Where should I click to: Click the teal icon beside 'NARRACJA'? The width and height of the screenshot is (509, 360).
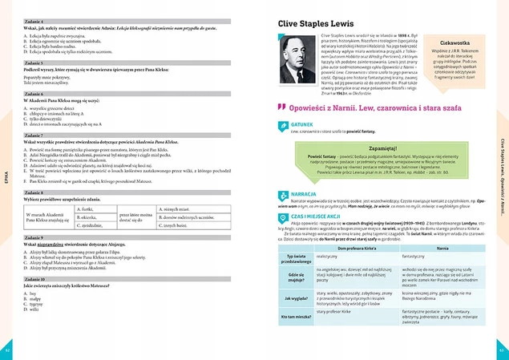282,193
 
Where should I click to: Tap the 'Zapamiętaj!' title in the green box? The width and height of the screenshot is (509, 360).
386,149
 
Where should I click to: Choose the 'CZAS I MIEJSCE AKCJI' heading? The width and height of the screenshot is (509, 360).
321,216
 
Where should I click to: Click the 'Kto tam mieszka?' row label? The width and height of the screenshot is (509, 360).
294,318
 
